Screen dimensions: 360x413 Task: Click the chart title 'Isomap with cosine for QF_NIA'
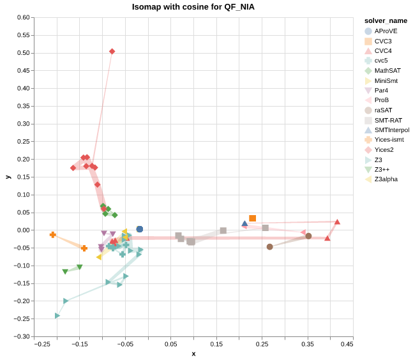(193, 7)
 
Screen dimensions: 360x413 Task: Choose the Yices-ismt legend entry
(389, 140)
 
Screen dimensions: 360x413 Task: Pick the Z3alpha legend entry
(386, 179)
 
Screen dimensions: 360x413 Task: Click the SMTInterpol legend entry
(392, 130)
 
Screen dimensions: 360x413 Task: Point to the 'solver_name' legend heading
(381, 20)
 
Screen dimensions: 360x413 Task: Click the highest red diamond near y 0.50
(112, 52)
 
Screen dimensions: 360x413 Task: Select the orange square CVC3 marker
(253, 218)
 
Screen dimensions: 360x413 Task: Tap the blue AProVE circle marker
(140, 229)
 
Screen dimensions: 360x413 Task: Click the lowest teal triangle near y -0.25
(57, 316)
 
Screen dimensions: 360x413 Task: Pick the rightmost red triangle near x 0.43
(337, 222)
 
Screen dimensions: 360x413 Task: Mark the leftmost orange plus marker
(53, 235)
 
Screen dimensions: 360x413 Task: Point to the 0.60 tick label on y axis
(23, 18)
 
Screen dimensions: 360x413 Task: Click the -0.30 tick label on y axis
(22, 336)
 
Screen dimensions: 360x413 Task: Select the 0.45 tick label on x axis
(347, 345)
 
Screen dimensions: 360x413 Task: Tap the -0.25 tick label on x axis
(43, 345)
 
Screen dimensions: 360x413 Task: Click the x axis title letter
(193, 354)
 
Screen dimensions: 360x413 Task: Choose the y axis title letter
(8, 177)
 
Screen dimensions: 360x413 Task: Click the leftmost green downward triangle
(65, 272)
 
